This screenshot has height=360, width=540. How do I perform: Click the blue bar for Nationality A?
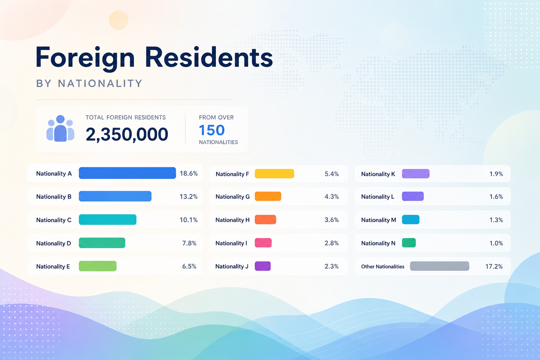(127, 173)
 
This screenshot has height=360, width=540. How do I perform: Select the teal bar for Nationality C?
(108, 219)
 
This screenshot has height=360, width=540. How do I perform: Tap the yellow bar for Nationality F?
(274, 174)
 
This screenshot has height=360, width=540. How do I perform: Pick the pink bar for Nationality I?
(263, 243)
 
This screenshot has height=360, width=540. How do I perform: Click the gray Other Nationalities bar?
(439, 266)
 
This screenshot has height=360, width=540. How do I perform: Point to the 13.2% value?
(188, 197)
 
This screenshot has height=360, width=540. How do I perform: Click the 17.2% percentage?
(494, 266)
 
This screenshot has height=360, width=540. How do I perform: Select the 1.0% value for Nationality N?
(496, 243)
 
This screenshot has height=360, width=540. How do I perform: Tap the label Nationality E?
(53, 266)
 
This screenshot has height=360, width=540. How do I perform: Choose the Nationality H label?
(232, 220)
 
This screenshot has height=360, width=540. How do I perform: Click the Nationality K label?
(378, 174)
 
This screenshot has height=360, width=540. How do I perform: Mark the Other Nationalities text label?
(382, 266)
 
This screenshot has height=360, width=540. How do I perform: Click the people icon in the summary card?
(60, 128)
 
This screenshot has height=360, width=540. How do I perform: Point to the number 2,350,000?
(127, 134)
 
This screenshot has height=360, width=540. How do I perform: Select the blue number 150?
(212, 130)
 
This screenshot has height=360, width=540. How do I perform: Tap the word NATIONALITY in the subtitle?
(100, 83)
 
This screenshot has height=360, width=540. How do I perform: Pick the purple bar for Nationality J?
(263, 266)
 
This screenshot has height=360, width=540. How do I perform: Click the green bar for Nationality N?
(409, 243)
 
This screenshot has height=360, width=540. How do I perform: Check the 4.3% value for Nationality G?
(332, 197)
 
